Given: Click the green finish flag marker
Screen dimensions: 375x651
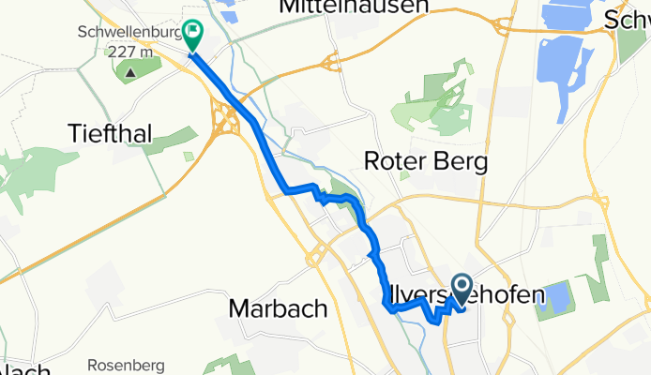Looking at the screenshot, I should point(192,36).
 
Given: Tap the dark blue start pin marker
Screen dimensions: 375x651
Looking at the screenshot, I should point(462,287).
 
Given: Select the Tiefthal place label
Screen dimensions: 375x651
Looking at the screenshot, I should point(111,133).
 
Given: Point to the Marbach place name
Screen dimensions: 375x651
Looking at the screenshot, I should point(278,307).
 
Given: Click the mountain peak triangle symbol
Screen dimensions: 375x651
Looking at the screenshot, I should point(129,69).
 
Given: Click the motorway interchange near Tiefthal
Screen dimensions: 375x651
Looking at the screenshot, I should point(229,122).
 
